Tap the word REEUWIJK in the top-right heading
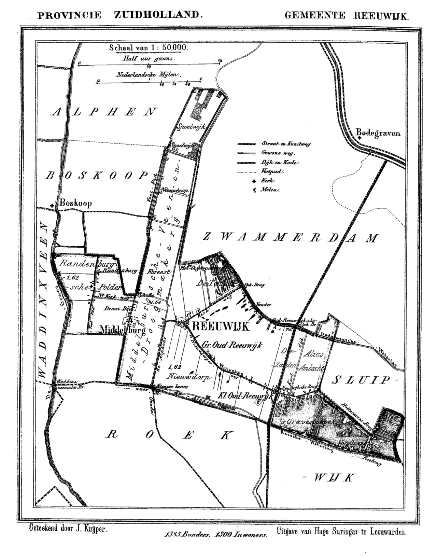[381, 16]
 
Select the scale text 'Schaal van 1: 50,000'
[148, 47]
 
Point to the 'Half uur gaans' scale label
[149, 58]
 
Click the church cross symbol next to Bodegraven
[360, 138]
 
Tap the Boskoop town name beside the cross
[76, 204]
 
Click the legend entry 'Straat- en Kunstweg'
[286, 144]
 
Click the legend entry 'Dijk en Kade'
[280, 163]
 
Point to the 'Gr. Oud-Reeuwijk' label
[232, 345]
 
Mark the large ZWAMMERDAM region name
[291, 237]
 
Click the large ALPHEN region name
[104, 112]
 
